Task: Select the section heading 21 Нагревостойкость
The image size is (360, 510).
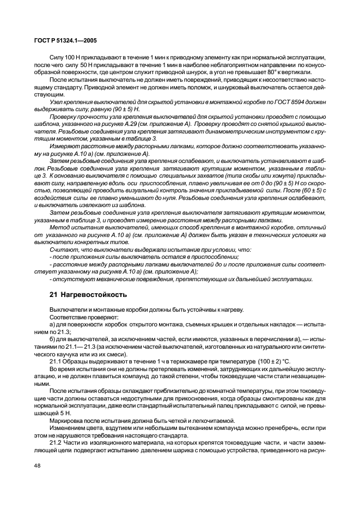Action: pyautogui.click(x=88, y=295)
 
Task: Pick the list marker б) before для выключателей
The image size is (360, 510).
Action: pyautogui.click(x=53, y=339)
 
